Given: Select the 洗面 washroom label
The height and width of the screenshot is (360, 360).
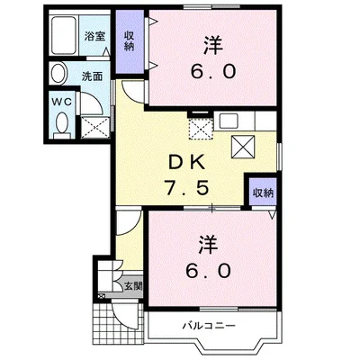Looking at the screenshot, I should (x=93, y=76).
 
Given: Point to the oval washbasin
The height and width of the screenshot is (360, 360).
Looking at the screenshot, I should (x=58, y=76).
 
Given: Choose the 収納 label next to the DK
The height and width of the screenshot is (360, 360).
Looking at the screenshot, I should (x=262, y=193).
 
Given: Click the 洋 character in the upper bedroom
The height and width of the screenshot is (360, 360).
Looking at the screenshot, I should (x=212, y=42).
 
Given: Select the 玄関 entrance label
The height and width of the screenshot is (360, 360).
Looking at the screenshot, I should (x=132, y=286).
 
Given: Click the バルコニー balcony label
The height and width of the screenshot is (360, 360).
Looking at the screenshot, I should (x=209, y=323).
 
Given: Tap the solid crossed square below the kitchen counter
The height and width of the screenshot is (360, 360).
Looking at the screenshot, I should (x=242, y=146).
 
